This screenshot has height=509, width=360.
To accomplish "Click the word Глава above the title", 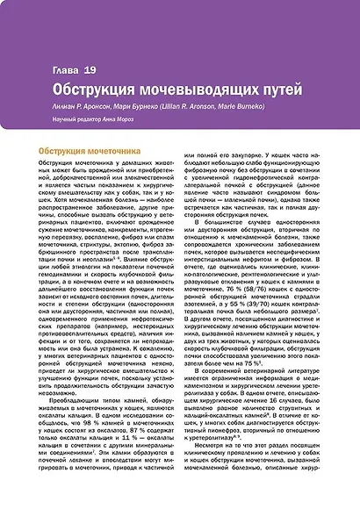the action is pos(66,68).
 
